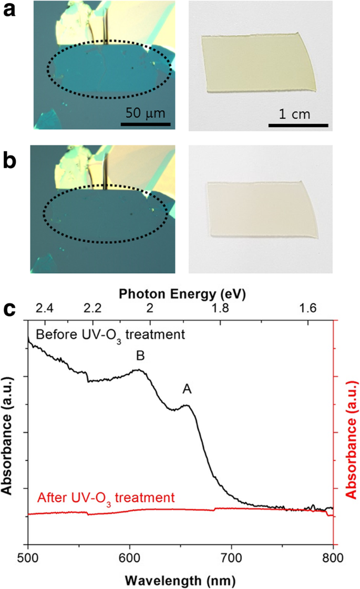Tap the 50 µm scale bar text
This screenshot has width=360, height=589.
145,113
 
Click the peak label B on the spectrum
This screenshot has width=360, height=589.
140,356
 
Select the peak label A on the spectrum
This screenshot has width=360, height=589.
187,389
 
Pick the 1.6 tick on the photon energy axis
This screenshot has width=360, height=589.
308,308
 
